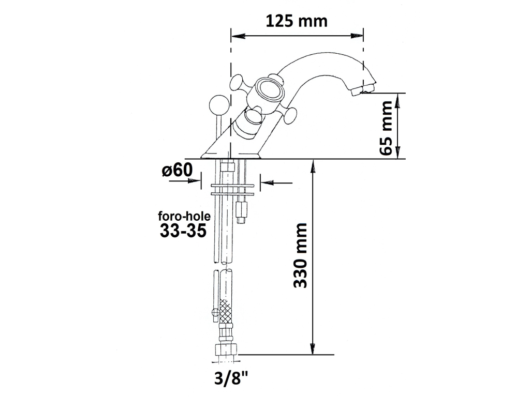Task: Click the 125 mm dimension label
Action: (297, 21)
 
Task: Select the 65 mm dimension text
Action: (386, 128)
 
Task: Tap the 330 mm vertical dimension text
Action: (300, 255)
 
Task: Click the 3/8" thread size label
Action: (231, 378)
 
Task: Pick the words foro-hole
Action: (184, 216)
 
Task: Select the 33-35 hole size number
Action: (183, 231)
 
